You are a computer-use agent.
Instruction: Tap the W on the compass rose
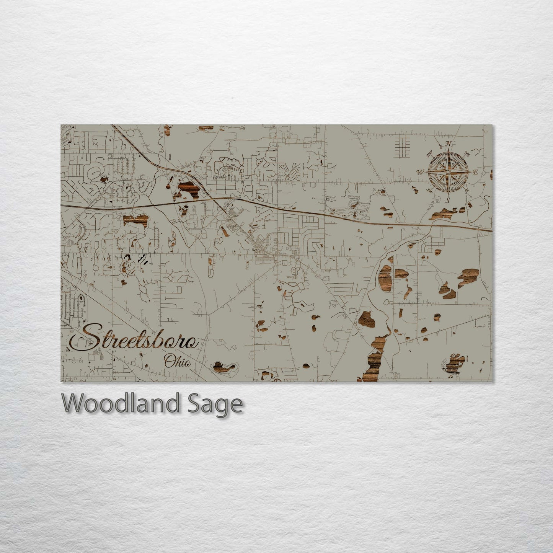[x=420, y=173]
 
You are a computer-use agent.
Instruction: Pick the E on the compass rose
[x=475, y=173]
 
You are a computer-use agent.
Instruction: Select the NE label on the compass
[x=467, y=153]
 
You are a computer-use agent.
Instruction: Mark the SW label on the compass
[x=429, y=190]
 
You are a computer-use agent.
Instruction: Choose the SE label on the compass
[x=467, y=190]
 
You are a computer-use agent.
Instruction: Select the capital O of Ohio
[x=169, y=361]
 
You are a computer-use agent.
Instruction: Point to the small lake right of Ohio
[x=225, y=367]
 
